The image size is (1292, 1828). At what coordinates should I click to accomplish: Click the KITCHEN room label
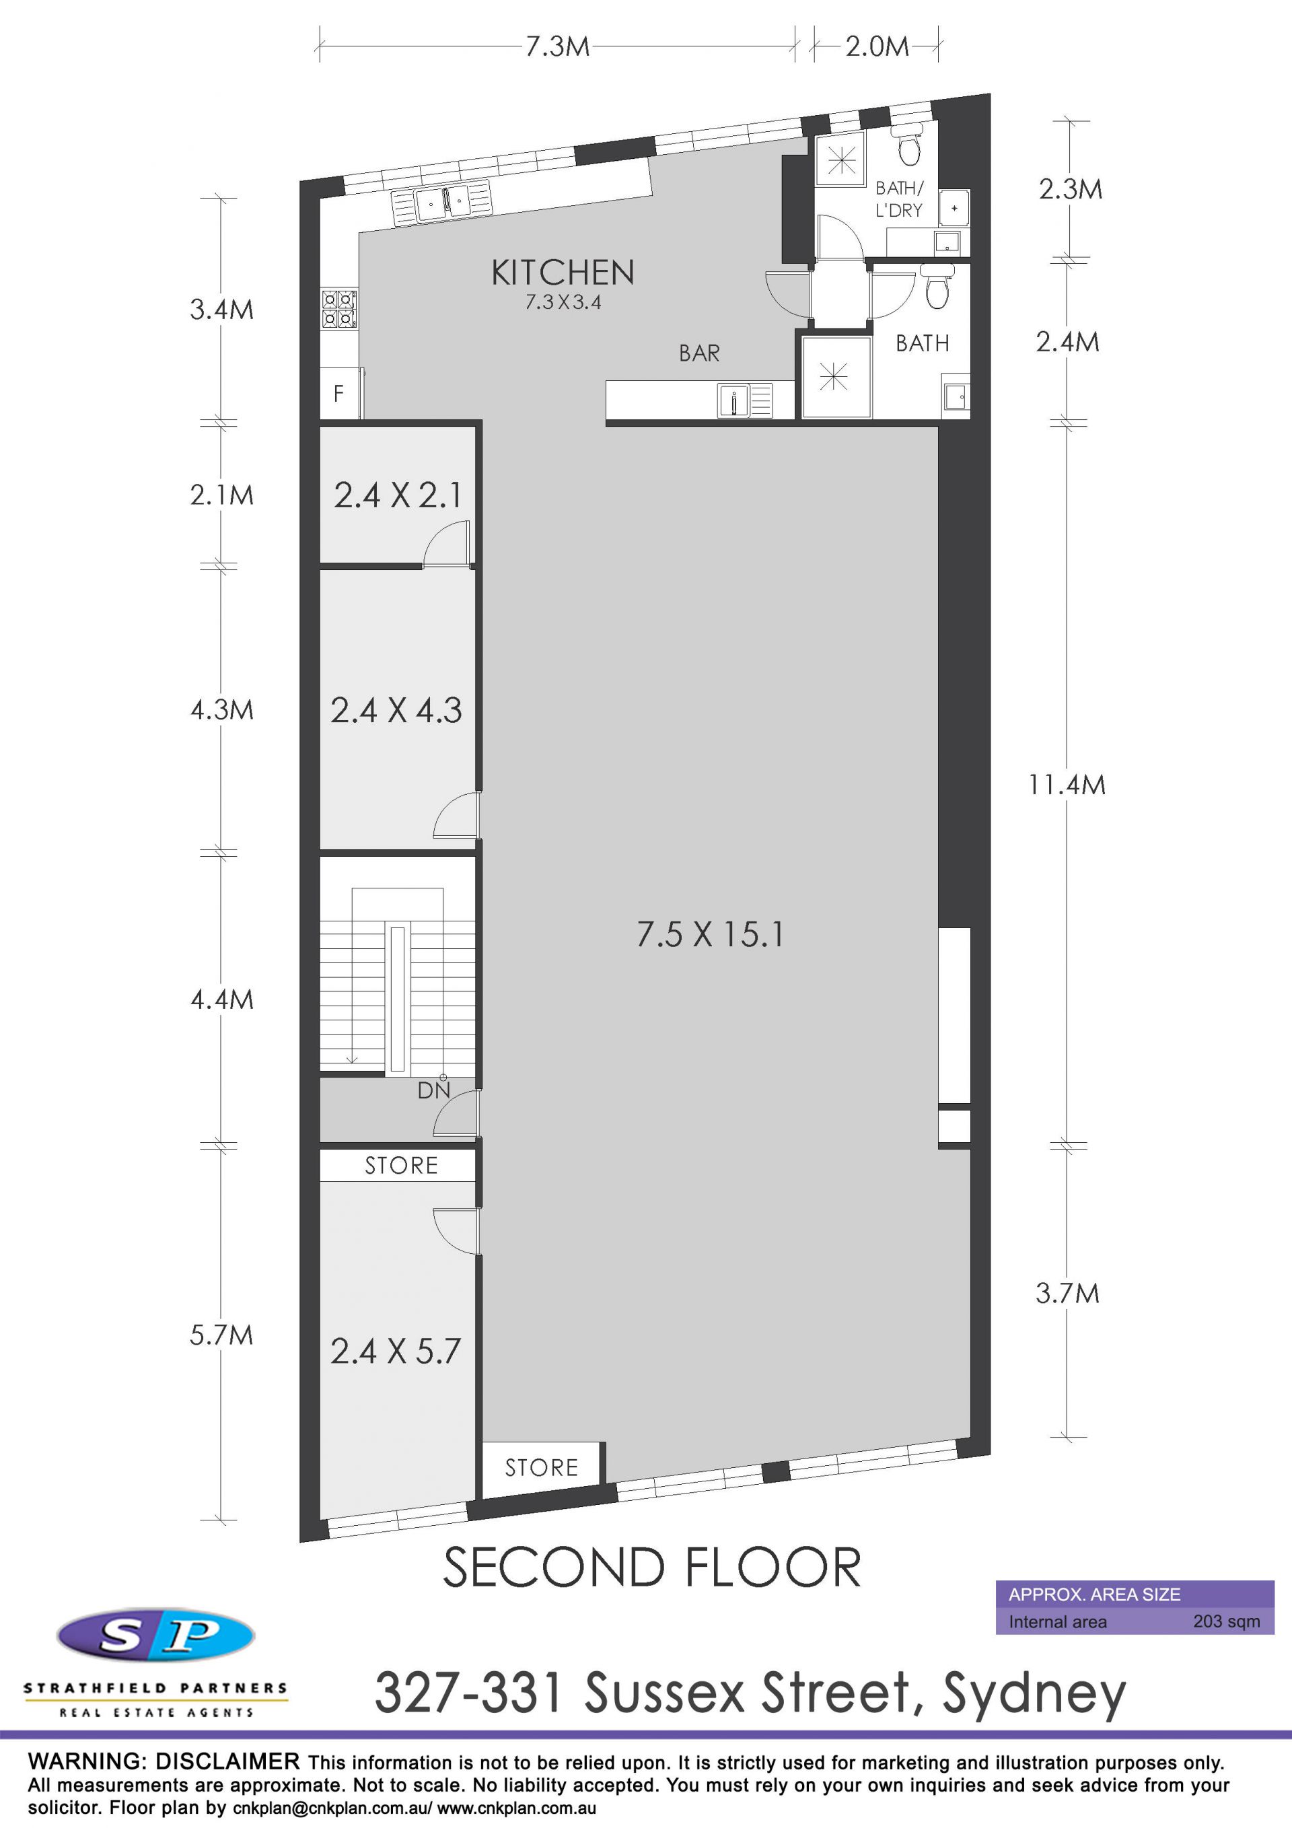[x=563, y=273]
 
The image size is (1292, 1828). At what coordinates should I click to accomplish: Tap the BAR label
[x=699, y=353]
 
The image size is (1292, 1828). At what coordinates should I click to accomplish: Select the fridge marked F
[x=340, y=392]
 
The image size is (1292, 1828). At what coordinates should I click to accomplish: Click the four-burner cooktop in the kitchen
[x=339, y=309]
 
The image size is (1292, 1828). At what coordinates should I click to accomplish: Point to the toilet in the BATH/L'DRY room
[x=908, y=143]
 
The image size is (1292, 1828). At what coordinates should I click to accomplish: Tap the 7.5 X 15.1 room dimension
[x=709, y=934]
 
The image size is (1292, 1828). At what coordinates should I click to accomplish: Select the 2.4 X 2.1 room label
[x=397, y=495]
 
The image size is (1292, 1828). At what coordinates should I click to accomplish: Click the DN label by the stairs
[x=434, y=1090]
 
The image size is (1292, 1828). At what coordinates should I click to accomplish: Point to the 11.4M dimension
[x=1067, y=785]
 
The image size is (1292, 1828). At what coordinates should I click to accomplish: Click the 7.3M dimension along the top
[x=557, y=46]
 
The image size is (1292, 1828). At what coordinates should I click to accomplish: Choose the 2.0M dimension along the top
[x=876, y=46]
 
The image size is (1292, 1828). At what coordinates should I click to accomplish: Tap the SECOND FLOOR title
[x=652, y=1567]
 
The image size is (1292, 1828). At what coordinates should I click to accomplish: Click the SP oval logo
[x=156, y=1636]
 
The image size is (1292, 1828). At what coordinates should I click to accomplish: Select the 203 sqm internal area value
[x=1226, y=1621]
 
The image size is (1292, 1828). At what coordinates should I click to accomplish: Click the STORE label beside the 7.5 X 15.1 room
[x=541, y=1467]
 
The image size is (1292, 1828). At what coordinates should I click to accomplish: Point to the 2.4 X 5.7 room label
[x=396, y=1351]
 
